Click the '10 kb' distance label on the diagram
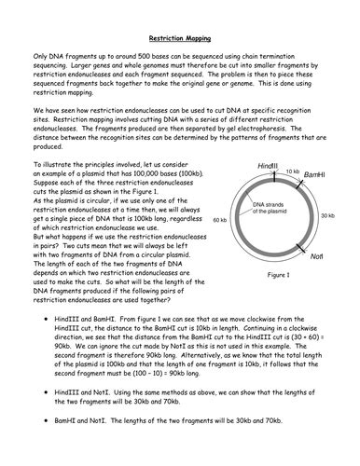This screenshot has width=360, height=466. pos(292,171)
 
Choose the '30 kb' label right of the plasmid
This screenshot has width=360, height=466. pos(328,215)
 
